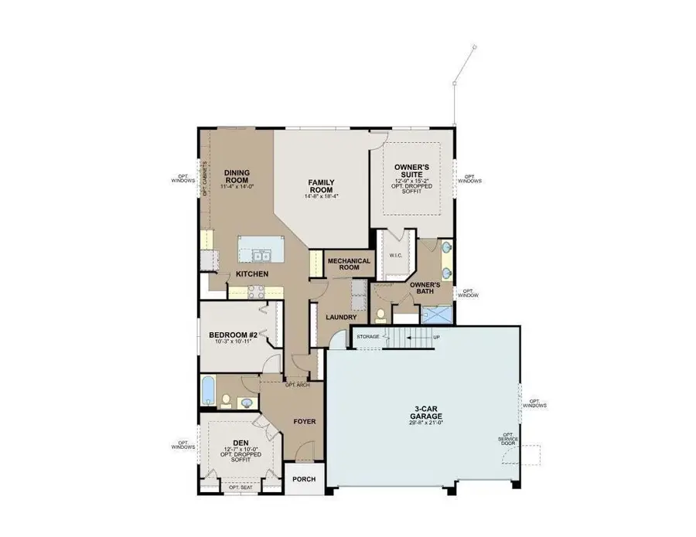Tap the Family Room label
(x=321, y=185)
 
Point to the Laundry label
(x=341, y=317)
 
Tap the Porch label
(x=304, y=479)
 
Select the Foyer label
(x=305, y=421)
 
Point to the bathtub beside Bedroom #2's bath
(x=209, y=389)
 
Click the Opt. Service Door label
(x=508, y=440)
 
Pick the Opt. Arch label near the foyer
(x=298, y=384)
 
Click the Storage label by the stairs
(x=368, y=337)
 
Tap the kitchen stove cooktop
(x=256, y=291)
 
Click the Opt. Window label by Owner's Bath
(x=468, y=293)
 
